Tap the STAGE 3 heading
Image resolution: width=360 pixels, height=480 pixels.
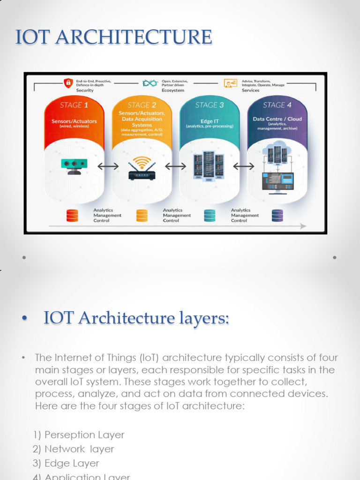(x=210, y=105)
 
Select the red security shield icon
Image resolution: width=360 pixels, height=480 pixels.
(x=69, y=83)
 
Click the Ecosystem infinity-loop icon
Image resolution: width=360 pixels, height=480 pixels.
(x=149, y=83)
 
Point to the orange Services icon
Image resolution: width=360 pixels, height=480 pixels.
(x=230, y=83)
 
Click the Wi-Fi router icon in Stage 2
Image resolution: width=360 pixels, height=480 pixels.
(x=142, y=168)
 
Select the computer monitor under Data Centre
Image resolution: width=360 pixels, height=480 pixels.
(x=278, y=182)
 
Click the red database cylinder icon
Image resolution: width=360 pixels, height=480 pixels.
(x=72, y=215)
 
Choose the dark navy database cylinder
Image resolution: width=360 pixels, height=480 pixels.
(x=277, y=215)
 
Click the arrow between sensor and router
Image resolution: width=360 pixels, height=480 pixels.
(x=108, y=166)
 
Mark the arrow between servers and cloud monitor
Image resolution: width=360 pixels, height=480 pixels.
(x=244, y=166)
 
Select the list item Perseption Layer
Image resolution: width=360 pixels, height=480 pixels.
(x=84, y=435)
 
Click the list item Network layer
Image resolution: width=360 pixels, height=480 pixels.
(x=79, y=449)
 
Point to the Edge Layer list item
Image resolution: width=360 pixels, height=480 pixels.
(x=72, y=463)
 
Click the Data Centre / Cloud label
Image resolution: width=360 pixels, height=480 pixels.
(x=277, y=119)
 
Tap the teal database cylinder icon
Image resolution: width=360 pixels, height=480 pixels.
(x=210, y=215)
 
